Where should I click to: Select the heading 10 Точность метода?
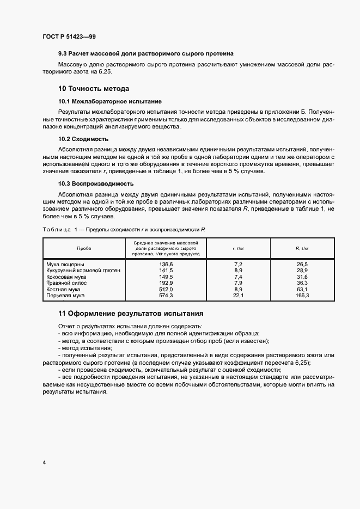coord(94,89)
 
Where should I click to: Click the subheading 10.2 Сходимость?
coord(83,139)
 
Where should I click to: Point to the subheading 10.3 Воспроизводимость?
coord(96,183)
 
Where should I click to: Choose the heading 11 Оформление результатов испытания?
coord(131,314)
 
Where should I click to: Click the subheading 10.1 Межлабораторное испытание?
coord(109,101)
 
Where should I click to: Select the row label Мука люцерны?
coord(65,264)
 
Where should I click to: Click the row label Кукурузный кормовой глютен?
coord(83,271)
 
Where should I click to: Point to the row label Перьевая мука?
coord(65,296)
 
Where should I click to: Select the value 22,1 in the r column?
coord(237,296)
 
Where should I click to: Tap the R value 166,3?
coord(302,296)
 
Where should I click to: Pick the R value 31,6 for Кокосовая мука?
coord(302,277)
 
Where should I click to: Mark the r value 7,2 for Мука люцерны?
coord(237,264)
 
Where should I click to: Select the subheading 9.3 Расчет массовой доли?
coord(146,54)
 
